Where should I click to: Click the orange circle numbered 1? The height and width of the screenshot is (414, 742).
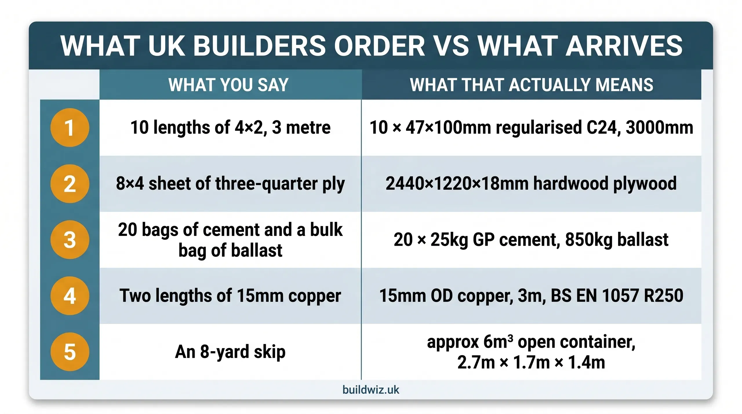(70, 127)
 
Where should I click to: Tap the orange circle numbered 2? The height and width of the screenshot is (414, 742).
(70, 184)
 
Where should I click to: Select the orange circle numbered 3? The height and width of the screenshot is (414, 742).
(70, 240)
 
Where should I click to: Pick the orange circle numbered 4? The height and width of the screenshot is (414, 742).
(70, 296)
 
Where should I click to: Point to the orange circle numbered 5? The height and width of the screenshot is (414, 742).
(70, 352)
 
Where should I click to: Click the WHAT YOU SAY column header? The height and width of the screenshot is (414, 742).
(228, 85)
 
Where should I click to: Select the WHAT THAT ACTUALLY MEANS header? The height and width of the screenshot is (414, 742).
(531, 85)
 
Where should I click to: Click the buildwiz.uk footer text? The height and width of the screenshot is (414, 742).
(371, 390)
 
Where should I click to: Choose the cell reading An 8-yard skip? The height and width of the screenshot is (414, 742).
(230, 352)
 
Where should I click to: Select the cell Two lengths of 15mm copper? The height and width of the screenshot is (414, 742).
(230, 296)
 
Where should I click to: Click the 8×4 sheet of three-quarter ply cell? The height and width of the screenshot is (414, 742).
(230, 184)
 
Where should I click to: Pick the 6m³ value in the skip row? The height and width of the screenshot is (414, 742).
(498, 342)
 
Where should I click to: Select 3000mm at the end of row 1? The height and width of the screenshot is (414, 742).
(659, 127)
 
